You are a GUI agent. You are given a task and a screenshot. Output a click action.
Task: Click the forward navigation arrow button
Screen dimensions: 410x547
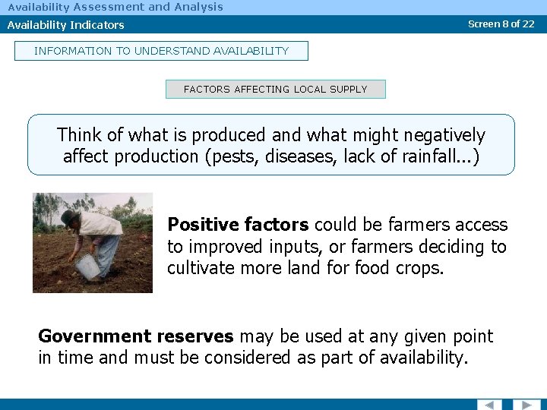(x=526, y=405)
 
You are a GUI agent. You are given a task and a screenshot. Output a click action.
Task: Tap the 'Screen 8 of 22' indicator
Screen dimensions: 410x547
(x=501, y=24)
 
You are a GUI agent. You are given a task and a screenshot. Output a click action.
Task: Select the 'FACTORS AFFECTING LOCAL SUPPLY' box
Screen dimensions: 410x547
(x=275, y=90)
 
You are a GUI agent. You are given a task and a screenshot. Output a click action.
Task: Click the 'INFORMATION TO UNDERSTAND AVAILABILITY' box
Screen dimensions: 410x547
(x=161, y=51)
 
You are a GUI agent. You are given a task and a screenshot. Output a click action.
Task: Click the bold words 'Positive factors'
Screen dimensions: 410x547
(x=238, y=225)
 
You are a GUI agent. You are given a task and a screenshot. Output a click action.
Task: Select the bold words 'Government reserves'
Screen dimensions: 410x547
(x=137, y=336)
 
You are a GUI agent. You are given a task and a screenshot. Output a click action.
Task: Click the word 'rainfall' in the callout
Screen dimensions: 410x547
(x=434, y=156)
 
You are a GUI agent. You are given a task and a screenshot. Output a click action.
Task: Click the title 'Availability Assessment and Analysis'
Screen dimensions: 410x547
(x=115, y=7)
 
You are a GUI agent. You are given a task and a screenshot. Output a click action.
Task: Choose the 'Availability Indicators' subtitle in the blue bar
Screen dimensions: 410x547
(x=65, y=25)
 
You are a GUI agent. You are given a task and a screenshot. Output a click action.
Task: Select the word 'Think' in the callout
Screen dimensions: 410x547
(x=78, y=135)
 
